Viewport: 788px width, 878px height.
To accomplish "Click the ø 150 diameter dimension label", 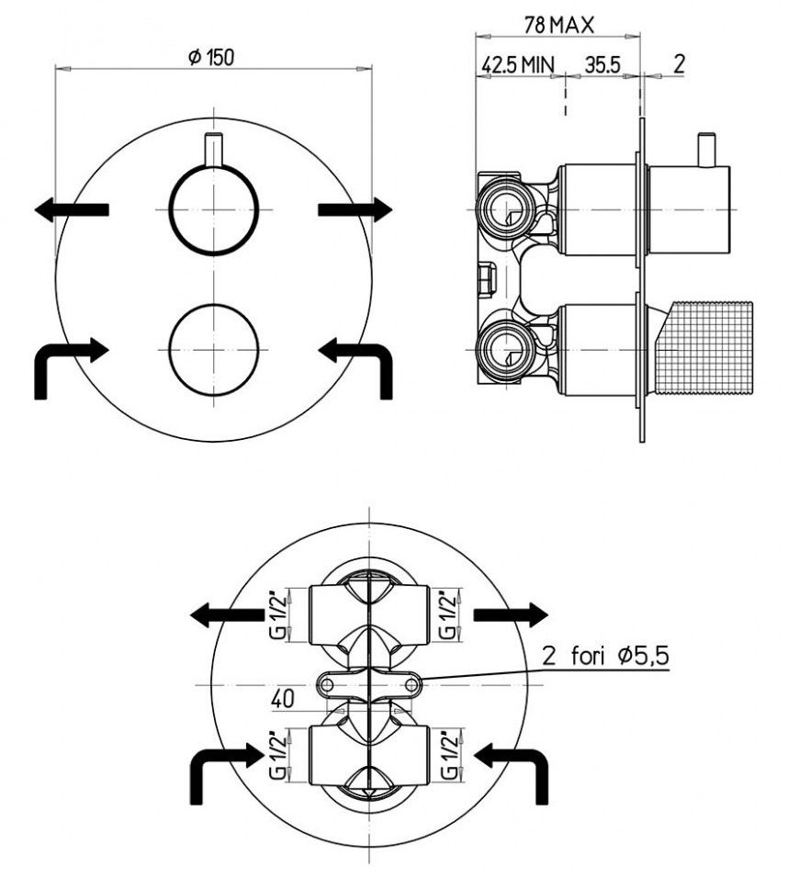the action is coord(211,57).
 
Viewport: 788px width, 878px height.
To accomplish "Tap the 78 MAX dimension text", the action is coord(557,25).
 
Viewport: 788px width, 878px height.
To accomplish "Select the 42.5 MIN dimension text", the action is coord(517,65).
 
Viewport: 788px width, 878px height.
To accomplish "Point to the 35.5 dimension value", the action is coord(602,65).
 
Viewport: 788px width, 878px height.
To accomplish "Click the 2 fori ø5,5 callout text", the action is coord(605,655).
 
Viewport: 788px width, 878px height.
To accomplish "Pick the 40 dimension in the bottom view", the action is coord(283,700).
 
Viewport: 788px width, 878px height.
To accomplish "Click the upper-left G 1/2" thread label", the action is coord(278,614).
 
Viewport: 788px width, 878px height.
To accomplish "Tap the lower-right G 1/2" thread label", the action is coord(448,754).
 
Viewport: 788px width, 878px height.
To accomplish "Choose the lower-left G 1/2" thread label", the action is coord(278,754).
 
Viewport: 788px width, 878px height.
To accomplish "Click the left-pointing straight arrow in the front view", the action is coord(71,209).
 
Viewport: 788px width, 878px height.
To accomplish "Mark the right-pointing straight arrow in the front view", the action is coord(355,209).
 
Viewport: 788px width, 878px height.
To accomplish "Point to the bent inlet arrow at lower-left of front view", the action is coord(71,367).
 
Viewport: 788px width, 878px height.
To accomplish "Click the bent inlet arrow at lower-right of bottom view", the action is coord(511,773).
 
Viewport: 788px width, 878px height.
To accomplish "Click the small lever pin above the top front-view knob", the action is coord(213,150).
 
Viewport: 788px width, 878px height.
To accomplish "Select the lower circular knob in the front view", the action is coord(213,349).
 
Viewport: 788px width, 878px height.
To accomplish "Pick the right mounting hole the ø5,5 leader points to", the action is coord(411,684).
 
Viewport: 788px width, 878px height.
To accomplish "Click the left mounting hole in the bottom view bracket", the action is coord(327,684).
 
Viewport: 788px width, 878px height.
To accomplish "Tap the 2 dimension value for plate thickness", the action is coord(679,64).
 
